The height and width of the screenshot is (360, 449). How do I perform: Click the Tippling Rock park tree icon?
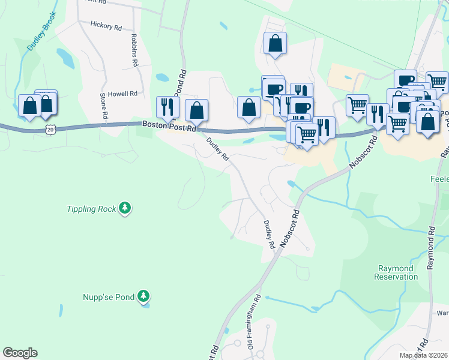pos(125,208)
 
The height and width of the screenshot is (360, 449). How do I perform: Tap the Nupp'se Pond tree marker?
pos(143,296)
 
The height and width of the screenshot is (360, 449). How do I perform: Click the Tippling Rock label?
pos(91,209)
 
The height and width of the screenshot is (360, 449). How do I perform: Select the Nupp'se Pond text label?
pos(108,296)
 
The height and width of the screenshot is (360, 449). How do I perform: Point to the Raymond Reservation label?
pos(396,272)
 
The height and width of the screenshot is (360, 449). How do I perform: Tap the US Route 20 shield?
pos(51,129)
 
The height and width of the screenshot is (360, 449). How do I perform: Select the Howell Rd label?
pos(122,94)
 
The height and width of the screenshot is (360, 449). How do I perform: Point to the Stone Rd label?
pos(103,105)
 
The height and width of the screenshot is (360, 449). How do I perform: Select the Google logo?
pos(20,353)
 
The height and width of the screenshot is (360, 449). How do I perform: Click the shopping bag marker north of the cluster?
pos(275,43)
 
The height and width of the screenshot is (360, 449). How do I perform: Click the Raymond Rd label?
pos(430,249)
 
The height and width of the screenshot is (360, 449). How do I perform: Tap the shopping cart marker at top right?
pos(437,82)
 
